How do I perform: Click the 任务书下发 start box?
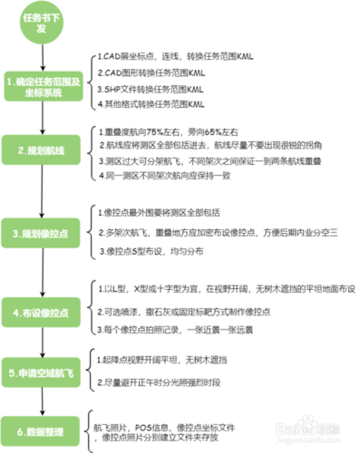coord(41,23)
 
